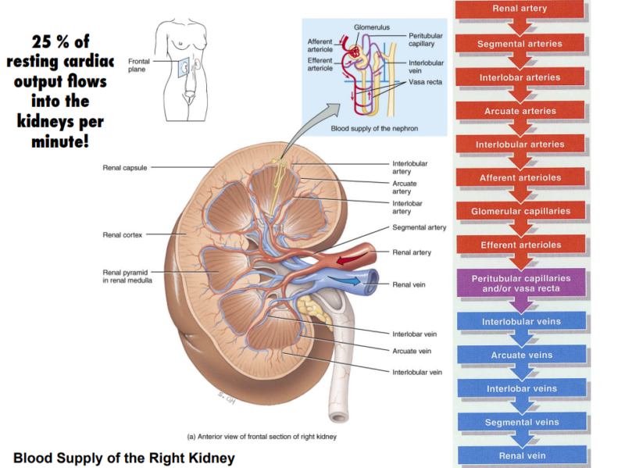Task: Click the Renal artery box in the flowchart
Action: [520, 9]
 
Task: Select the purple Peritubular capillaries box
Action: [520, 283]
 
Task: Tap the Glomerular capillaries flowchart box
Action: [520, 211]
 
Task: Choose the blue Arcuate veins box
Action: [520, 355]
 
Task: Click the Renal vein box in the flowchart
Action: [520, 455]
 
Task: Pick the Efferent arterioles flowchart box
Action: [520, 245]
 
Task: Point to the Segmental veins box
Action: [520, 422]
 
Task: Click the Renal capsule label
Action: [124, 167]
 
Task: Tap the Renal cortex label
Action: [122, 234]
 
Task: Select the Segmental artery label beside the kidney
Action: [419, 227]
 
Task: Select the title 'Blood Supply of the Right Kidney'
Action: [123, 457]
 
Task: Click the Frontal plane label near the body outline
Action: [137, 63]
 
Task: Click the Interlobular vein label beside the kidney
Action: [416, 372]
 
